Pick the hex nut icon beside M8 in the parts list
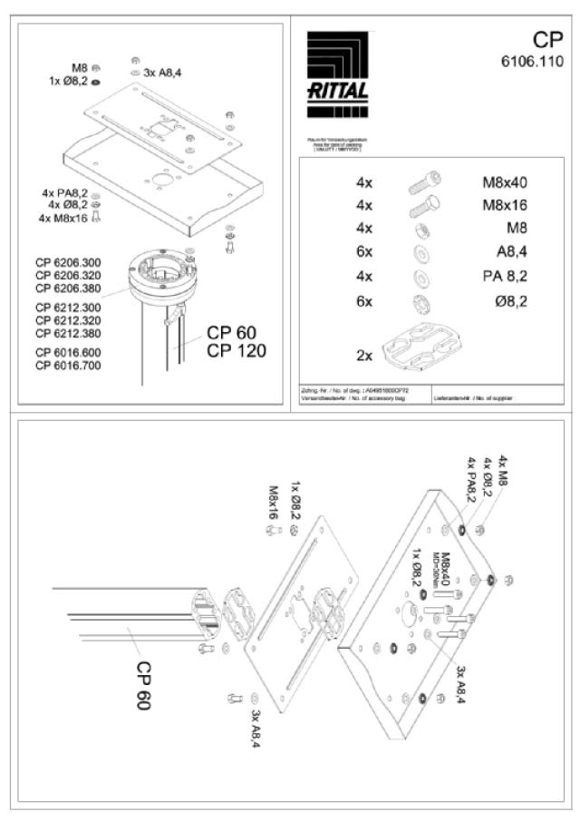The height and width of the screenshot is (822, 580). [421, 230]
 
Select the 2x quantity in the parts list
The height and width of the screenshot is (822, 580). [364, 356]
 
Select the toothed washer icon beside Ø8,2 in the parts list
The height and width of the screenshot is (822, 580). [421, 300]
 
